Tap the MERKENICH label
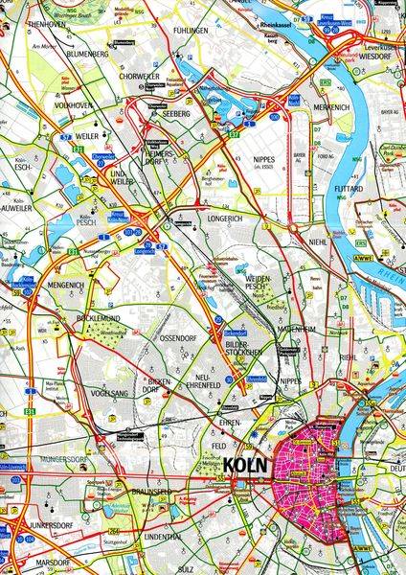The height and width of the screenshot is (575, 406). tap(331, 108)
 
